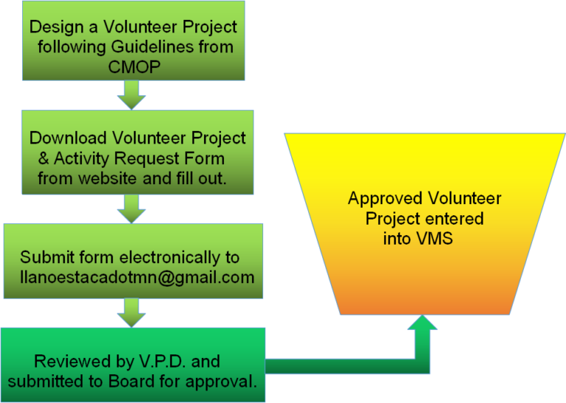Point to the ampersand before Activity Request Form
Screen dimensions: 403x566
tap(43, 158)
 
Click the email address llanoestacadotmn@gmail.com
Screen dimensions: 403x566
tap(137, 278)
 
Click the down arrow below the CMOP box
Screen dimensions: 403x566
tap(131, 94)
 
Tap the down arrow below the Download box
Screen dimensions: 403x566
tap(131, 208)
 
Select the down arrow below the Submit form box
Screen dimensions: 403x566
tap(131, 312)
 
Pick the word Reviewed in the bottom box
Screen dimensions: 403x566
tap(66, 362)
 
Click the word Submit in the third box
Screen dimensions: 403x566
tap(43, 258)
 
